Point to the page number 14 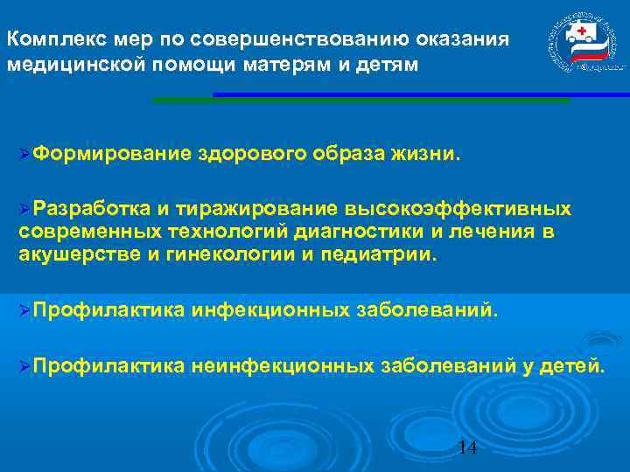467,448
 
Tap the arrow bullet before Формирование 24,156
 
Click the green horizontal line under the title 359,101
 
